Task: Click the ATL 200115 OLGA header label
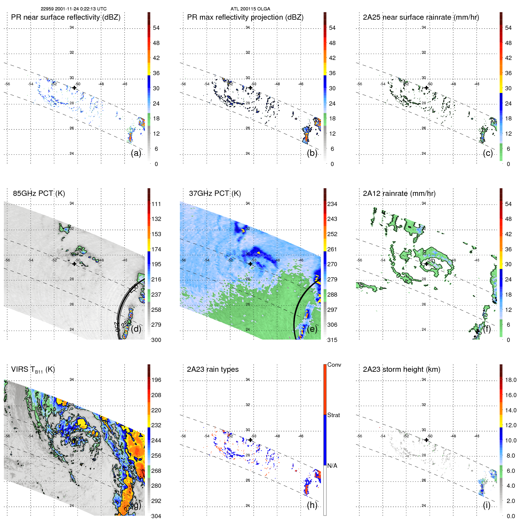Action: coord(250,9)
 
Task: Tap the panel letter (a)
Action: coord(136,153)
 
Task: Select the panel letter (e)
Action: coord(312,329)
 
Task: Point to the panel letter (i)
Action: coord(487,505)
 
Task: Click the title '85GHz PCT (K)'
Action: coord(39,193)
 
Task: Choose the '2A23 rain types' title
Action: coord(213,369)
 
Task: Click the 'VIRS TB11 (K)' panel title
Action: coord(33,370)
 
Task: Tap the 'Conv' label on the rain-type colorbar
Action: coord(334,365)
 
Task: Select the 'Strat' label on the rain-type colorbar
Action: coord(333,415)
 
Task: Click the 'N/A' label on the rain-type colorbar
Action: coord(332,466)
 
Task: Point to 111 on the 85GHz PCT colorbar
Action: coord(156,204)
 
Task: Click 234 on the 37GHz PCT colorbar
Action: coord(332,204)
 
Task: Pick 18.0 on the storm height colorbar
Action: coord(510,380)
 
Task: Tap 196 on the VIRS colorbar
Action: coord(156,380)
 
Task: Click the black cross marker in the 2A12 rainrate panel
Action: coord(427,264)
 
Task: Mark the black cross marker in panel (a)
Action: coord(74,88)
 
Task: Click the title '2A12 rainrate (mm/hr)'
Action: coord(399,193)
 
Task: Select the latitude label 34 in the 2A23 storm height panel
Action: coord(424,380)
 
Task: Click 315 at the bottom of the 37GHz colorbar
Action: coord(332,340)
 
